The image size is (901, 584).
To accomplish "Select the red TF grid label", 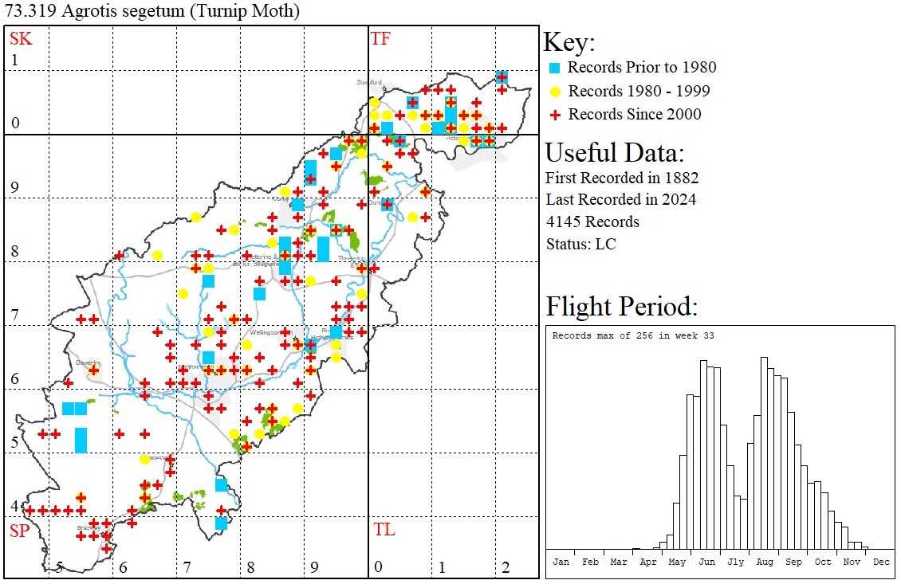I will pos(380,38).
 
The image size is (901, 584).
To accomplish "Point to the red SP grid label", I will pos(19,530).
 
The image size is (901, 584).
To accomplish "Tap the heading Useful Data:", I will pos(614,152).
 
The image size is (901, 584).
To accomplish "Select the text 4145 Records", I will pos(592,221).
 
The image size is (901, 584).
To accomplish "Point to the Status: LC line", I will pos(580,244).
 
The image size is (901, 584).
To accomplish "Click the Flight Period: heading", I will pos(622,307).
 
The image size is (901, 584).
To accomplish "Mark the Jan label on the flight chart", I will pos(561,562).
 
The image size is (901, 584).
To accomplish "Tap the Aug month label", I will pos(765,562).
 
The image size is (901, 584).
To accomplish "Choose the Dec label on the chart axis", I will pos(881,562).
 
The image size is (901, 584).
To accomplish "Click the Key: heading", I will pos(569,42).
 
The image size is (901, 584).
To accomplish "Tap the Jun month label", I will pos(706,562).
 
